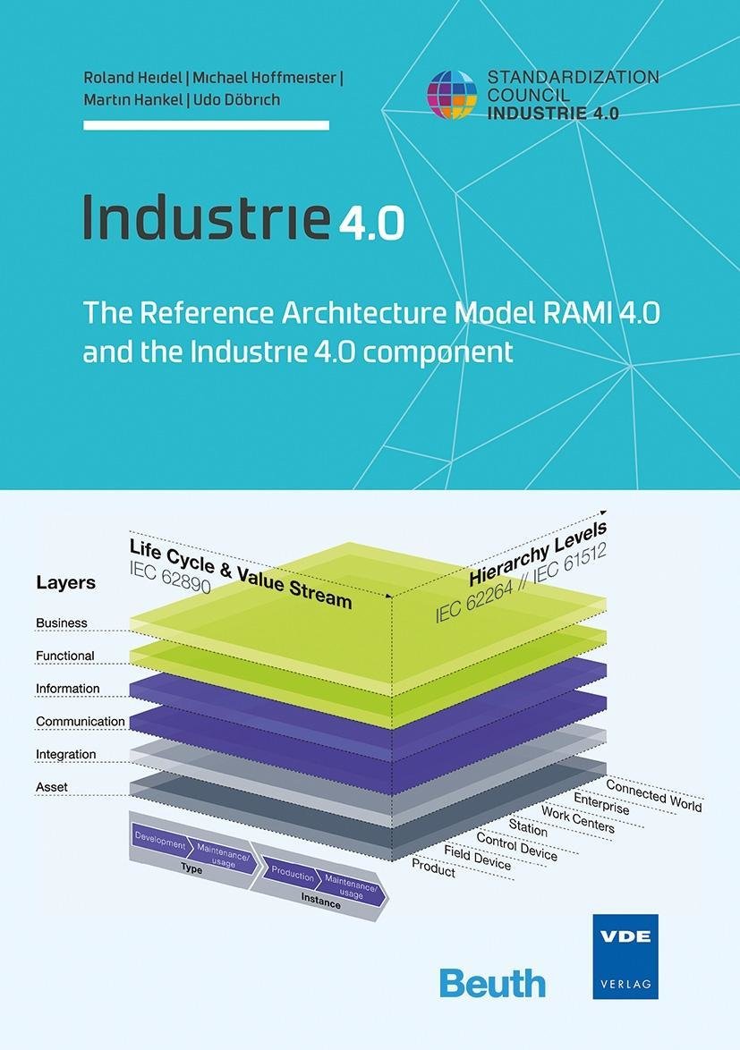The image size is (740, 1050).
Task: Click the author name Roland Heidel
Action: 132,77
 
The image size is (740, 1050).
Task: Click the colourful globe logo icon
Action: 452,95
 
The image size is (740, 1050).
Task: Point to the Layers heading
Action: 65,582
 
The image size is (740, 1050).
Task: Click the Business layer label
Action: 62,622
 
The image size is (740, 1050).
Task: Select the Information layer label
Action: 68,689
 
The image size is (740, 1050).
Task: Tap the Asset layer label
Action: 52,787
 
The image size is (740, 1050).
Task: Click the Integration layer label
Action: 65,754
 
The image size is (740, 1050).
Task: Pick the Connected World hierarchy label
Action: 654,795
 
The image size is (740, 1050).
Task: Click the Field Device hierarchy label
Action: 478,857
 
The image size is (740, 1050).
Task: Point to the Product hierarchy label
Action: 434,868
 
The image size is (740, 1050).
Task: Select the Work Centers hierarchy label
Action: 578,817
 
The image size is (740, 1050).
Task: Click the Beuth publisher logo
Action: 492,982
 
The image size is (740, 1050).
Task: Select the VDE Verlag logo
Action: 625,955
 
